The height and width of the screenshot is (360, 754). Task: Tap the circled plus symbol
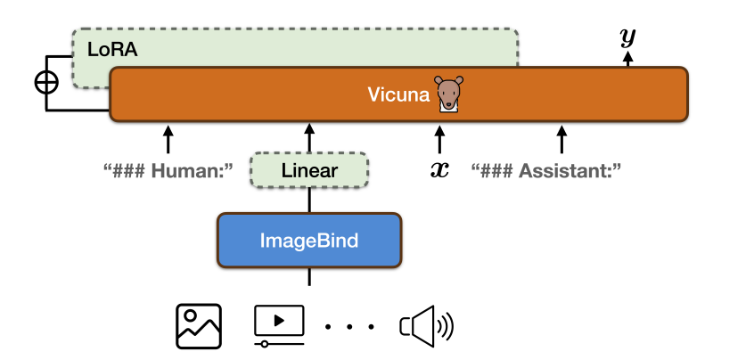click(45, 82)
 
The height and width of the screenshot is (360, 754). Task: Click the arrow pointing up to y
click(627, 59)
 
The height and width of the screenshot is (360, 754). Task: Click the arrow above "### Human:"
click(168, 139)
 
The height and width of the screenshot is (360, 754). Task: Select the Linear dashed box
click(309, 170)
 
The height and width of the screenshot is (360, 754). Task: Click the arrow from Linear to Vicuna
click(309, 139)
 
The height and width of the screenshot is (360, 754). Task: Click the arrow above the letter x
click(438, 139)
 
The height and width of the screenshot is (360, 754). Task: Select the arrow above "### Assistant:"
click(561, 139)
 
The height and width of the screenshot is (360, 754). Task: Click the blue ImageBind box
click(309, 240)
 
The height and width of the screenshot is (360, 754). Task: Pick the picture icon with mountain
click(198, 326)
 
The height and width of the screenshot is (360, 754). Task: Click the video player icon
click(279, 325)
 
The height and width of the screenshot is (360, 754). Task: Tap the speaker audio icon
click(427, 326)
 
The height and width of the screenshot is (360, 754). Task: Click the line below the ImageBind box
click(309, 276)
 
